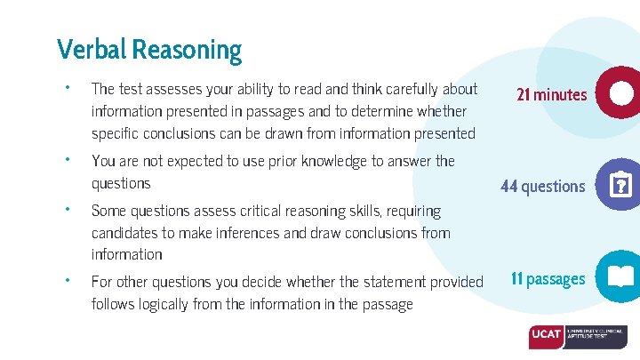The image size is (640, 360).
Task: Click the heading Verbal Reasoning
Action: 148,49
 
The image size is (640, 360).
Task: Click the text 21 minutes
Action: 552,94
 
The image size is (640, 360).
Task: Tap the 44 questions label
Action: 543,186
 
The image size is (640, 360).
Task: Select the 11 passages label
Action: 548,279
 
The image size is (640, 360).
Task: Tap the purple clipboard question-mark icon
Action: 619,186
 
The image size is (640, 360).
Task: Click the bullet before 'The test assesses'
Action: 67,88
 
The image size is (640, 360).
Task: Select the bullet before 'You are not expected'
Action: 67,161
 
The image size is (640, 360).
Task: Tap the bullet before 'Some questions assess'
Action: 67,211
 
